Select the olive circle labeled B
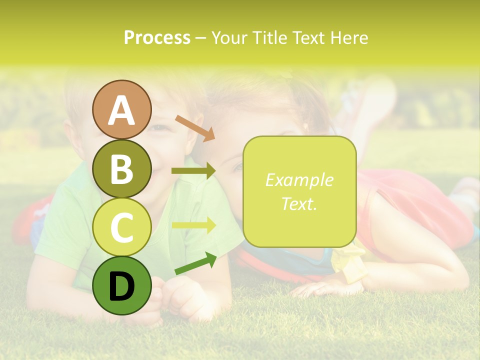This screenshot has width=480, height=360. pos(121,168)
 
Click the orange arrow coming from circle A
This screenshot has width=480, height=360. pos(194,128)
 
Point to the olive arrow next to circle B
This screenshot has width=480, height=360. pos(193,171)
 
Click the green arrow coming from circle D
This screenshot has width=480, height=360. pos(195,263)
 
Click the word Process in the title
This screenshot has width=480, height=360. pos(157,37)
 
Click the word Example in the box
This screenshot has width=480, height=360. pos(299,180)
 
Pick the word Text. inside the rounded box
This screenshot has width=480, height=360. pos(299,203)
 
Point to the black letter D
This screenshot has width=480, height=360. pos(121,287)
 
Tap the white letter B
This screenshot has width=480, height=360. pos(121,169)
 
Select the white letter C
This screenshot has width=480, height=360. pos(121,227)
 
